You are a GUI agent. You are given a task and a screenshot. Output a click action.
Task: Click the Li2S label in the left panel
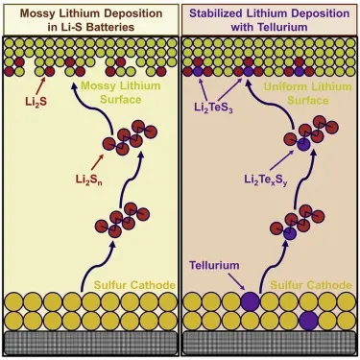[36, 102]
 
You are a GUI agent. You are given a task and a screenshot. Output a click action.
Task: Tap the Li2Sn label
[89, 180]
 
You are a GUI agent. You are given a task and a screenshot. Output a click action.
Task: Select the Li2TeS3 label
[213, 108]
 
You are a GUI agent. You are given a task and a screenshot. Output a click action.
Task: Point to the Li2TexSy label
[266, 180]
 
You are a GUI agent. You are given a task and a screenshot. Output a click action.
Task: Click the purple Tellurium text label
[214, 265]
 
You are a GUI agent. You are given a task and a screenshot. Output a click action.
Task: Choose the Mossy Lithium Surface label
[121, 93]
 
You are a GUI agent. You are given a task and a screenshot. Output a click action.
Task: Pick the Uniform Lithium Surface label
[307, 93]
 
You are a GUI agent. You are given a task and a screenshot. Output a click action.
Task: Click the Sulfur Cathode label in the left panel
[134, 285]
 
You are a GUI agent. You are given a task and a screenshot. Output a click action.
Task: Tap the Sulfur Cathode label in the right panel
[311, 285]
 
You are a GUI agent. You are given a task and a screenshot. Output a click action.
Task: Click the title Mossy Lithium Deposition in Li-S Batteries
[91, 20]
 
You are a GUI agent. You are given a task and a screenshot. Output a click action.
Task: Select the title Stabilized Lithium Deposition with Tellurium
[269, 20]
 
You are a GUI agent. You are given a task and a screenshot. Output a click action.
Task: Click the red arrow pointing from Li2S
[40, 85]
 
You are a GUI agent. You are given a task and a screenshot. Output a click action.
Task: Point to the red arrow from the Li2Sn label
[98, 162]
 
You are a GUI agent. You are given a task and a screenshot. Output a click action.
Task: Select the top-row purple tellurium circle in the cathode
[250, 301]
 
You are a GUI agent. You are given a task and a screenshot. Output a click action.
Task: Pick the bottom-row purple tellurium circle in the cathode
[308, 321]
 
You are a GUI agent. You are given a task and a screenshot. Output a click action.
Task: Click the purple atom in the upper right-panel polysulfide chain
[303, 145]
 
